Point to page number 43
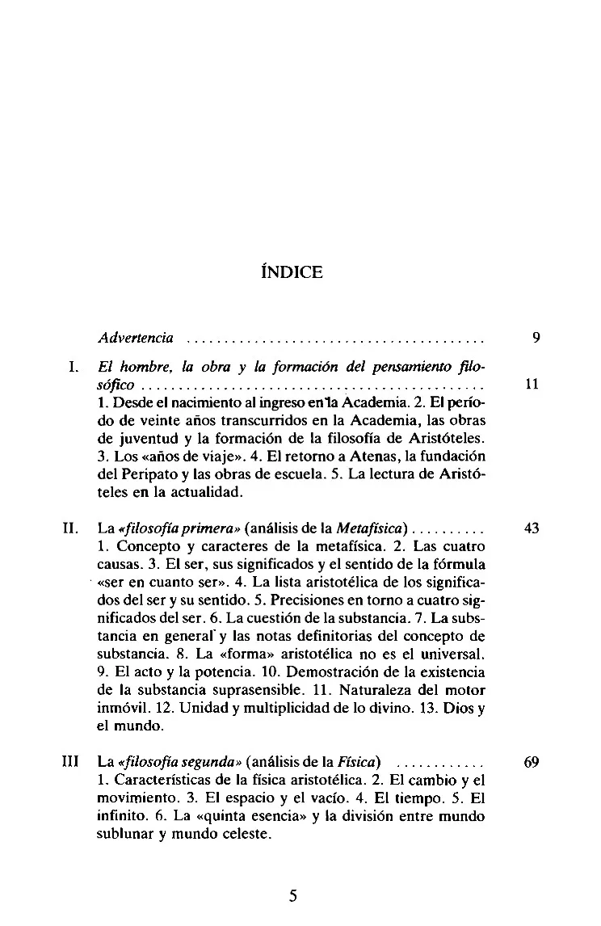coord(532,529)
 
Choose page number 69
coord(532,762)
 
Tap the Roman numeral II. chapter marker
coord(69,529)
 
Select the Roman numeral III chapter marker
coord(69,762)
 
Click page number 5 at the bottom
coord(293,895)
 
